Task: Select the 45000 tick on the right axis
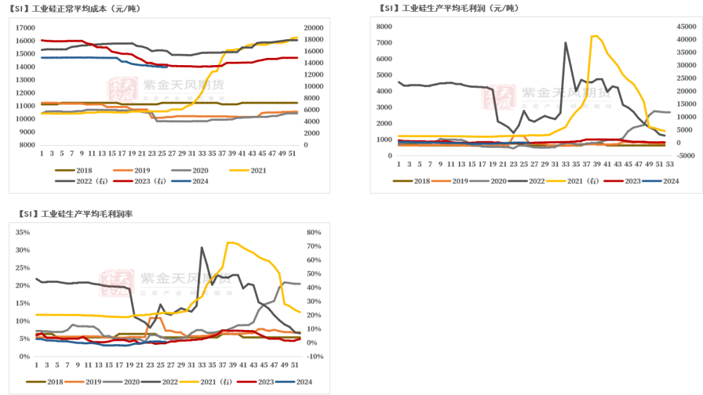pos(687,27)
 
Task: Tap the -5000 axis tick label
pos(686,156)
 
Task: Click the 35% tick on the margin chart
pos(22,232)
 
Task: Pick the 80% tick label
pos(313,232)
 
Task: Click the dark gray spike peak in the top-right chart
pos(566,42)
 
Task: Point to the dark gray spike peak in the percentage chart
pos(202,247)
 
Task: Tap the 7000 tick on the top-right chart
pos(383,42)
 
